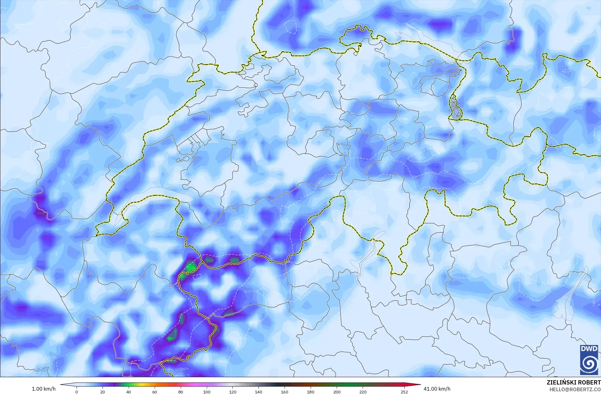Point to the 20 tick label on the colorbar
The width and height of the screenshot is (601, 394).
pos(103,392)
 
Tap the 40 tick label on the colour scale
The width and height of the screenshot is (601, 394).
pos(129,392)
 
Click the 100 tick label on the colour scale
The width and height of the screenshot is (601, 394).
pos(207,392)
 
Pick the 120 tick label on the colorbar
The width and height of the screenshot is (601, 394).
pos(233,392)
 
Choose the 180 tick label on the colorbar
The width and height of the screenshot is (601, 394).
pos(311,392)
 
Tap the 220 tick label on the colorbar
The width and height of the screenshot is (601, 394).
pos(363,392)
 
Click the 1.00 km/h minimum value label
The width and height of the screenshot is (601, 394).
pos(44,389)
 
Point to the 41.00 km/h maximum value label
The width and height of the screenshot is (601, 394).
pos(437,389)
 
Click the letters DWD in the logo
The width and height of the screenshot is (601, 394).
pos(589,349)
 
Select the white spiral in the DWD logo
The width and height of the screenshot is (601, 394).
pos(589,363)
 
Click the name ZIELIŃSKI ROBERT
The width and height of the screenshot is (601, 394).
pos(573,383)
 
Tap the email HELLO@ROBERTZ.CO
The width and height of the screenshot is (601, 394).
pos(575,389)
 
